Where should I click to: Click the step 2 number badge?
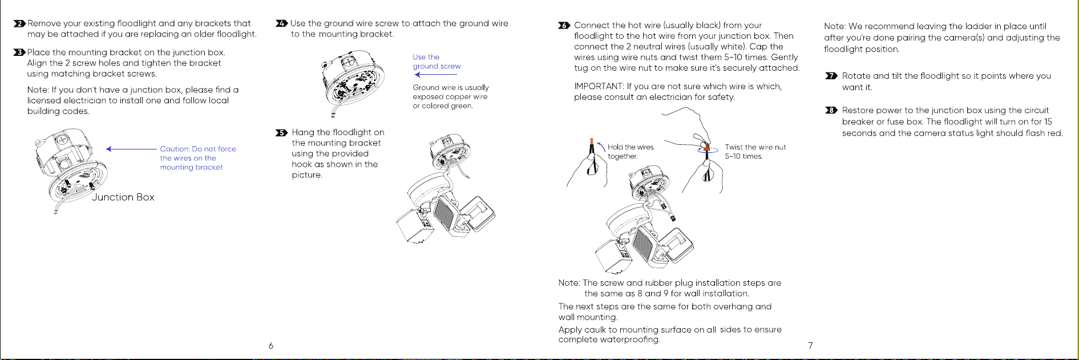pyautogui.click(x=20, y=23)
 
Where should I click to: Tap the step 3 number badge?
pyautogui.click(x=20, y=52)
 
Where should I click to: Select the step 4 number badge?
pyautogui.click(x=282, y=23)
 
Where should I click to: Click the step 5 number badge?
pyautogui.click(x=282, y=132)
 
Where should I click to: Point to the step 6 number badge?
pyautogui.click(x=564, y=26)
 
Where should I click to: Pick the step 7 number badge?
pyautogui.click(x=831, y=76)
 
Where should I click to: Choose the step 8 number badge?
pyautogui.click(x=831, y=110)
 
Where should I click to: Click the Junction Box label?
pyautogui.click(x=123, y=197)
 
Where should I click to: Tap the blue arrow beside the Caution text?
pyautogui.click(x=131, y=149)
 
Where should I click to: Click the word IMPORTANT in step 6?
pyautogui.click(x=599, y=86)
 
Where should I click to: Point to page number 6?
pyautogui.click(x=271, y=345)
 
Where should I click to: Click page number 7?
pyautogui.click(x=810, y=345)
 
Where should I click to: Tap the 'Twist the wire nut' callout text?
pyautogui.click(x=755, y=151)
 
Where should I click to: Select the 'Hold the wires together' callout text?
pyautogui.click(x=631, y=151)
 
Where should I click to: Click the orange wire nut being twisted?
pyautogui.click(x=706, y=147)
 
